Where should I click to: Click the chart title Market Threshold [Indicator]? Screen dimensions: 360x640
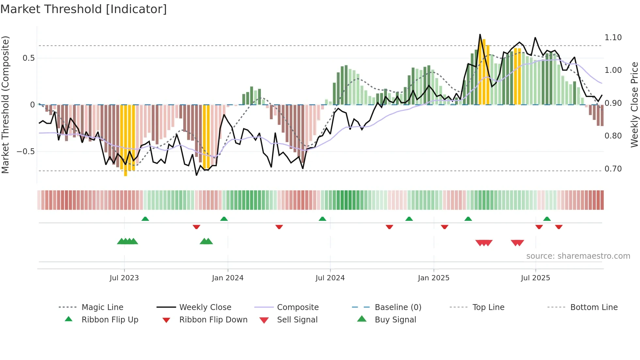click(84, 9)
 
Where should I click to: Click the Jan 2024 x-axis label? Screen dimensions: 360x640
click(228, 278)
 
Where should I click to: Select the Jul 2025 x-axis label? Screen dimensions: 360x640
click(535, 278)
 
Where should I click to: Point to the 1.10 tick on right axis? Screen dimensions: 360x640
click(613, 38)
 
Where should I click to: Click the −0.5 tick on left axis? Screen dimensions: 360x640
click(25, 152)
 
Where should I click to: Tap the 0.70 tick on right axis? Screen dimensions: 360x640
click(613, 169)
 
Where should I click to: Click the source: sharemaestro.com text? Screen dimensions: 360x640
click(578, 256)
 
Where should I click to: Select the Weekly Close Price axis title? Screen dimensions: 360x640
click(634, 105)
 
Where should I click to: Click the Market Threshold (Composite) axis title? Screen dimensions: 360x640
click(5, 105)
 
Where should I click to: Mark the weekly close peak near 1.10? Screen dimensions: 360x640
click(480, 34)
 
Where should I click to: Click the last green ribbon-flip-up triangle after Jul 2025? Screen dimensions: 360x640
click(547, 219)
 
